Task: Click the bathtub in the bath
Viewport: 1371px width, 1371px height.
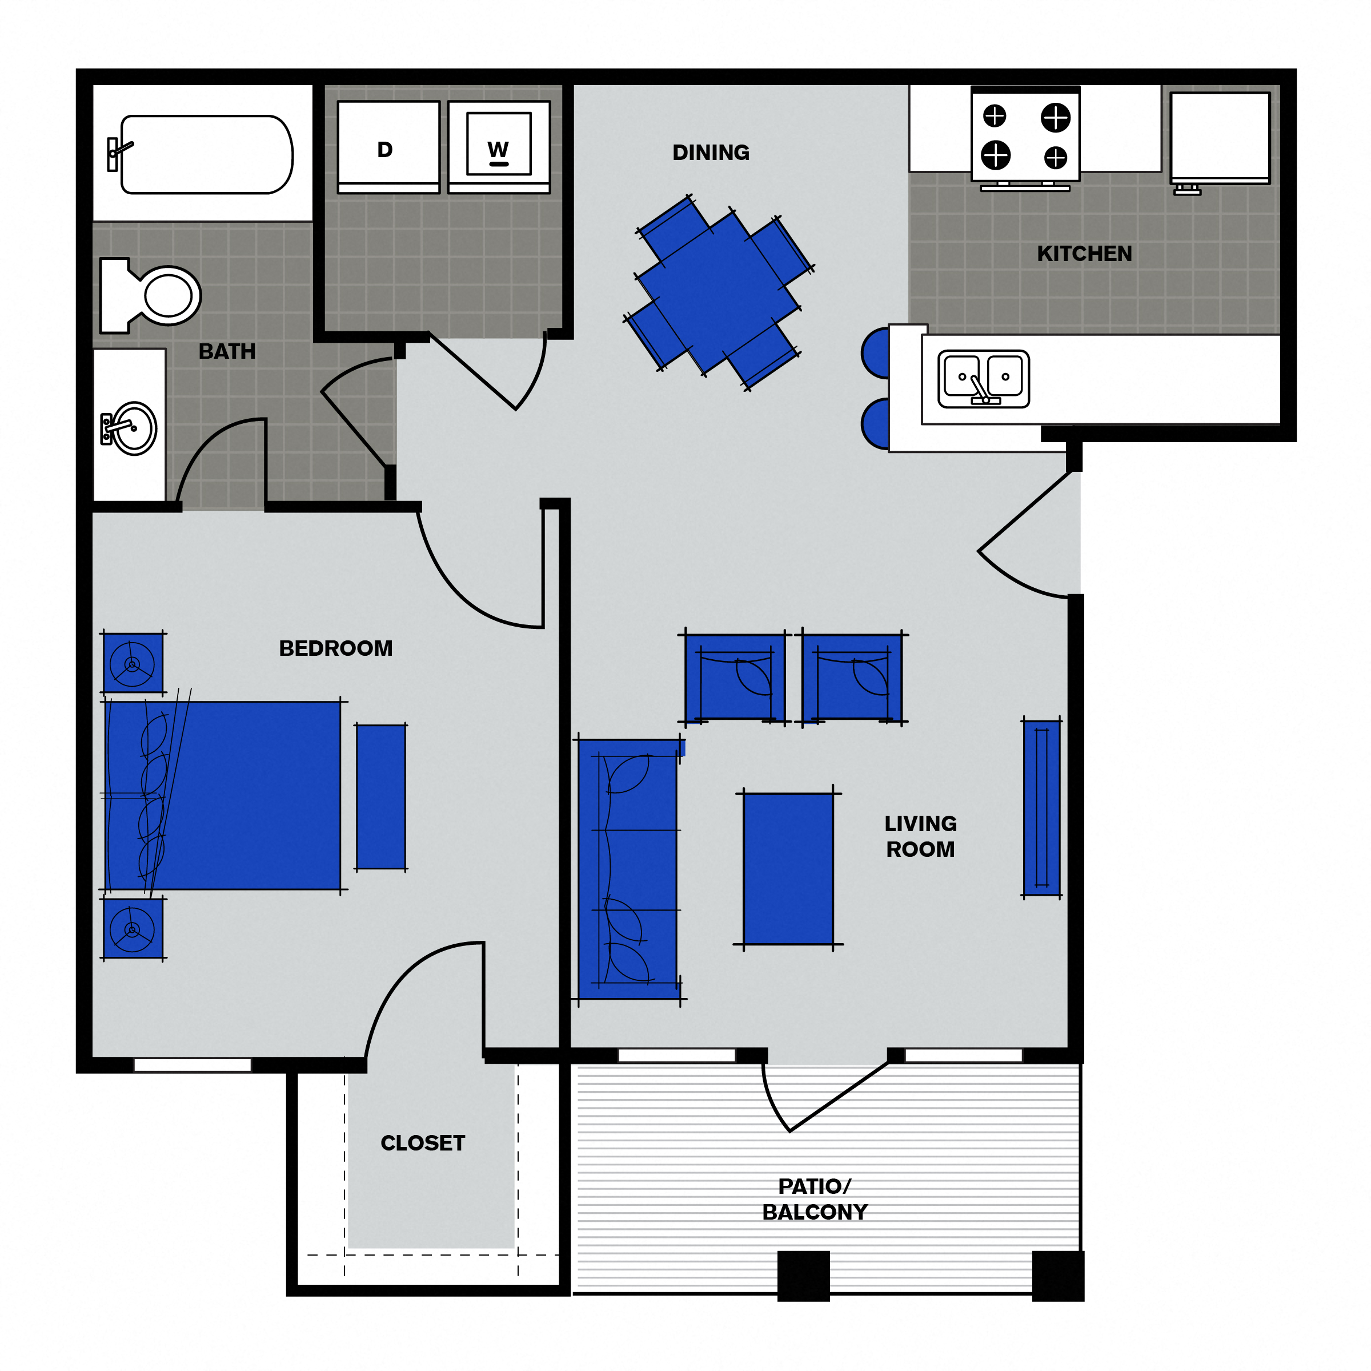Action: (206, 154)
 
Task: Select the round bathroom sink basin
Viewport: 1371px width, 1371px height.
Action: (134, 428)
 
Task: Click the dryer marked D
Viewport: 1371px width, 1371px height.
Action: (388, 146)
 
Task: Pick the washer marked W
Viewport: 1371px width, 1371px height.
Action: (499, 146)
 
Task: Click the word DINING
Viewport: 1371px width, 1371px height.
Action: (710, 153)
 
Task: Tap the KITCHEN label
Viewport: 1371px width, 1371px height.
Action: (1084, 254)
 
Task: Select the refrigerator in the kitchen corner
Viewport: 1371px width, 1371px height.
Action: (1219, 137)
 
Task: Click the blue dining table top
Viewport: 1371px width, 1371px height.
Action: (718, 292)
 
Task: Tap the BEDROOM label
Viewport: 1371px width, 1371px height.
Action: (336, 648)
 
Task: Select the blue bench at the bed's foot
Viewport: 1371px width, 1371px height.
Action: (381, 796)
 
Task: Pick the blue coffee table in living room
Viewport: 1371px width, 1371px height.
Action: (788, 868)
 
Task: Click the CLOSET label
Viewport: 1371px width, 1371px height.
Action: (422, 1142)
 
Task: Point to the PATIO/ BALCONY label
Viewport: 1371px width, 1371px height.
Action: (815, 1198)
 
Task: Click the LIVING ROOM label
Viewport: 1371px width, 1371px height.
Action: (920, 836)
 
